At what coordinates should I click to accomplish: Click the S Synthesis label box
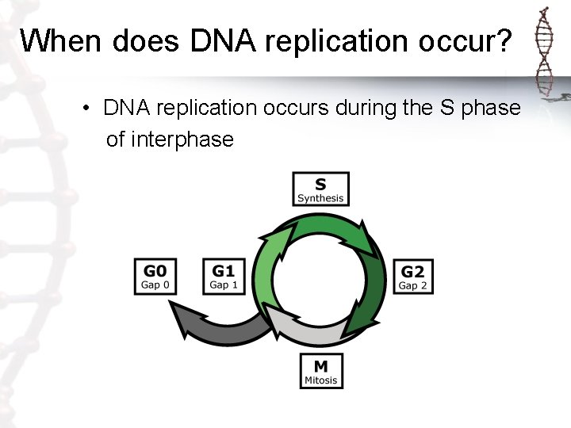click(320, 189)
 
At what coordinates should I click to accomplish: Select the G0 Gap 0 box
click(155, 277)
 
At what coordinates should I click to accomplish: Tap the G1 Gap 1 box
click(224, 277)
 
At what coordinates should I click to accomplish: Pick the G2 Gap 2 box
click(412, 277)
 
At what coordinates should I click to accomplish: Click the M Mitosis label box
click(320, 370)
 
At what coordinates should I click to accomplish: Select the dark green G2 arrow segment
click(372, 301)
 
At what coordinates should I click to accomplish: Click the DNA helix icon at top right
click(545, 52)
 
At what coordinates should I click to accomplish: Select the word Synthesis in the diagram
click(320, 198)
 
